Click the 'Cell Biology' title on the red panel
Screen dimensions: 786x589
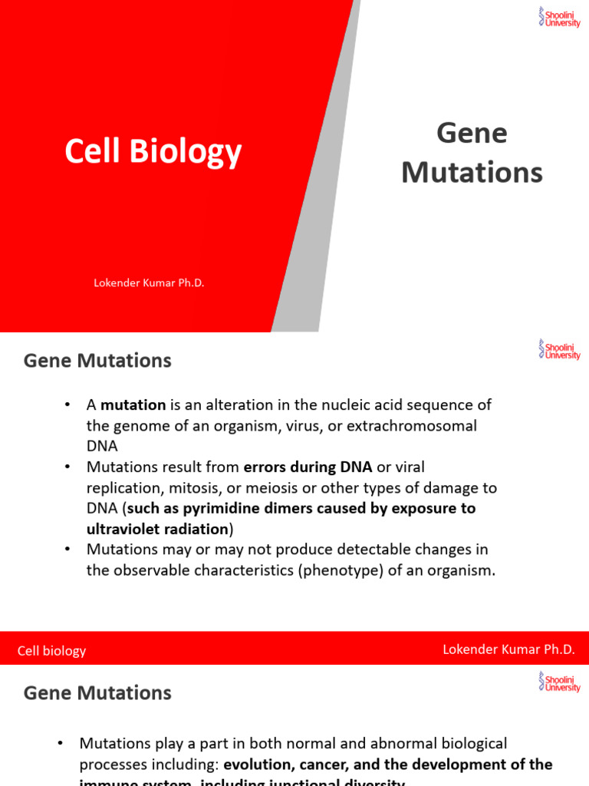click(x=153, y=152)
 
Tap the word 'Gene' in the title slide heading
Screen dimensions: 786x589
click(x=472, y=133)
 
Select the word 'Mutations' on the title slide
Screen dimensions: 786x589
click(x=472, y=173)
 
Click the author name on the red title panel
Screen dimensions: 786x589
click(x=149, y=283)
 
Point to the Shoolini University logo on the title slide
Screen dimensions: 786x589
click(x=559, y=17)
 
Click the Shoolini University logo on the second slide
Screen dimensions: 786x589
click(x=559, y=350)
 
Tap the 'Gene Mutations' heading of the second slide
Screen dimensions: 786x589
click(x=97, y=361)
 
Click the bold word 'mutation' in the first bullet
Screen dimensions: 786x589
click(x=133, y=405)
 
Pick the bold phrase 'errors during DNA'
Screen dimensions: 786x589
click(x=308, y=467)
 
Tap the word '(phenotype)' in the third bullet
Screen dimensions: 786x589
click(x=340, y=570)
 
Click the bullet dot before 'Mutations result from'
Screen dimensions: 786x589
click(x=67, y=467)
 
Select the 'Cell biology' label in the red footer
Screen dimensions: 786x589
click(x=52, y=651)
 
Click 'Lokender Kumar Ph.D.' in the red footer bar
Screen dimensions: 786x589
click(x=508, y=649)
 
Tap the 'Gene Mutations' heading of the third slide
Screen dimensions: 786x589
click(x=97, y=693)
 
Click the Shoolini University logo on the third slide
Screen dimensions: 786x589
click(x=559, y=682)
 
